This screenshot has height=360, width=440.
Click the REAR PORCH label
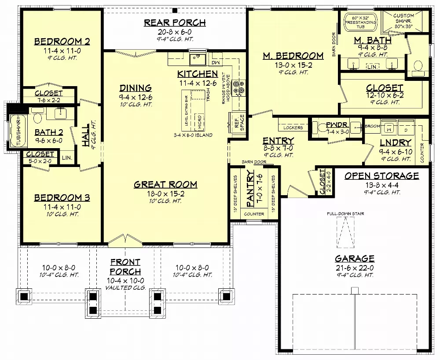click(x=175, y=23)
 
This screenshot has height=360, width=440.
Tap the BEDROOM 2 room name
click(x=62, y=42)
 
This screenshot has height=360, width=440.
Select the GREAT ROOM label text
click(x=165, y=185)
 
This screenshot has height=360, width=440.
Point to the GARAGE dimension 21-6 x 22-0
click(x=354, y=267)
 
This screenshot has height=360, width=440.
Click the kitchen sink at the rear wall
click(x=198, y=58)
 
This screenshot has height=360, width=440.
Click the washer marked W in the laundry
click(x=388, y=129)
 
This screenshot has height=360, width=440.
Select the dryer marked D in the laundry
click(x=406, y=129)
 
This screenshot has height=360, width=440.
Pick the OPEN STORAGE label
click(x=381, y=176)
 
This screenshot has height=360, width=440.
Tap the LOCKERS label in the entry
click(x=293, y=127)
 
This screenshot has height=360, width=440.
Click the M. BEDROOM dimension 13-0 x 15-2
click(x=293, y=65)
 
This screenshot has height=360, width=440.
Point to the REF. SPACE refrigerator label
click(x=239, y=122)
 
